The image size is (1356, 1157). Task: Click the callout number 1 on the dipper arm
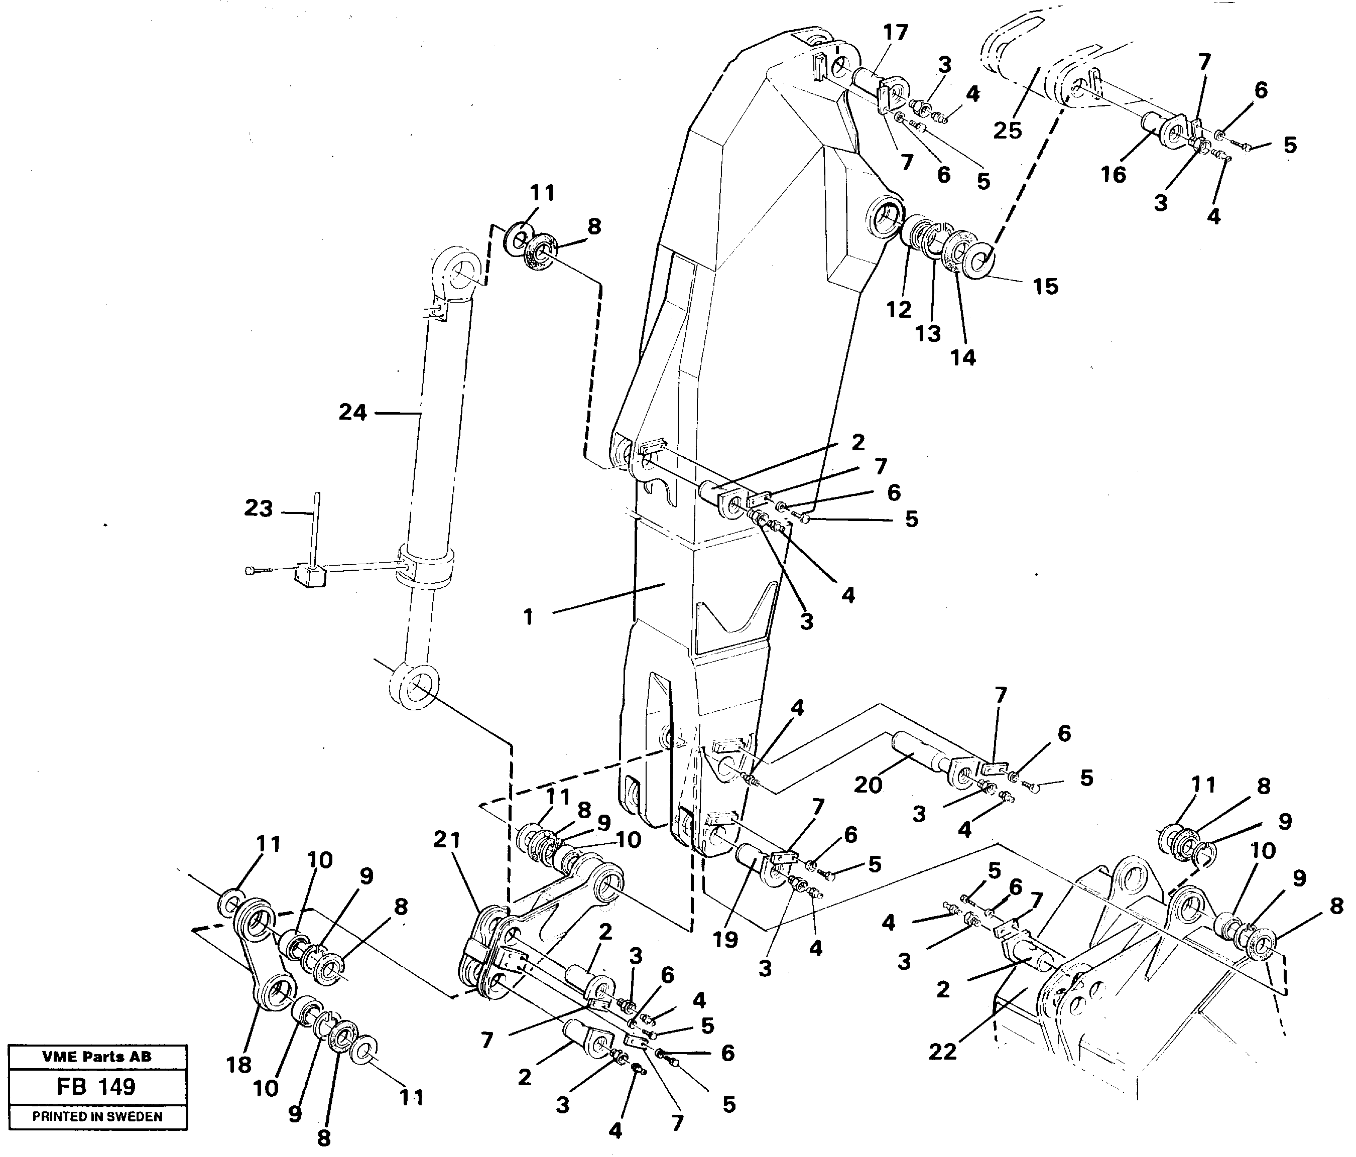(x=528, y=616)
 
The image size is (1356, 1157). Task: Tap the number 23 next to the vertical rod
(x=259, y=508)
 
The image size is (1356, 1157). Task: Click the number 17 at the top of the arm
(x=895, y=32)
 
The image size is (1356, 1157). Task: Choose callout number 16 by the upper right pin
(x=1113, y=174)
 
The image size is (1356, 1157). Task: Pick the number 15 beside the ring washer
(x=1045, y=286)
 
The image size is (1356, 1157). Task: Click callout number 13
(x=927, y=333)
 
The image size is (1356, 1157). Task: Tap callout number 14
(x=963, y=357)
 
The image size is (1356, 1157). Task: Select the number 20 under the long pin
(x=869, y=784)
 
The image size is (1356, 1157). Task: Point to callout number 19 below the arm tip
(x=725, y=940)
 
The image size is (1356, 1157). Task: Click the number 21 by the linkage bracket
(x=448, y=840)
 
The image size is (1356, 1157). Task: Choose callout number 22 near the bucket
(x=942, y=1052)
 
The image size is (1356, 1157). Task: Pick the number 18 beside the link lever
(x=239, y=1065)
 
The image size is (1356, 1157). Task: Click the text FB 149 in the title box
(x=96, y=1087)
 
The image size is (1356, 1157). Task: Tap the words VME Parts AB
(x=96, y=1056)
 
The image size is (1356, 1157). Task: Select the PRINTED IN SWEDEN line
(x=97, y=1116)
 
